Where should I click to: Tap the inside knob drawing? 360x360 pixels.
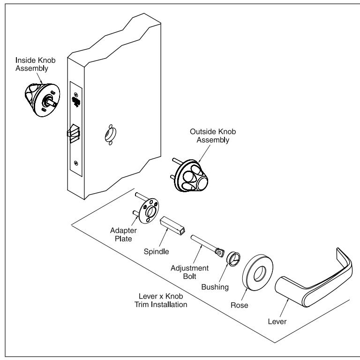tap(40, 95)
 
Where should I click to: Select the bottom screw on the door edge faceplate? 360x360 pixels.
tap(75, 163)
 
